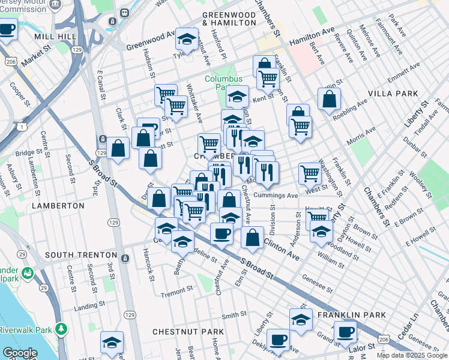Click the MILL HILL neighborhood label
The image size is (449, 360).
pos(55,37)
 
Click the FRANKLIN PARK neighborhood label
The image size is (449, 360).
pos(351,315)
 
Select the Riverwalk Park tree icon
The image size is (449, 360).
pos(61,329)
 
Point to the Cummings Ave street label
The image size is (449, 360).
pos(276,196)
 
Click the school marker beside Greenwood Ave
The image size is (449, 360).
pos(187,40)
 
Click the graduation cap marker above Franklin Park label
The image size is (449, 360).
pos(301,319)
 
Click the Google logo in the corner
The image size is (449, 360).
pos(20,353)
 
